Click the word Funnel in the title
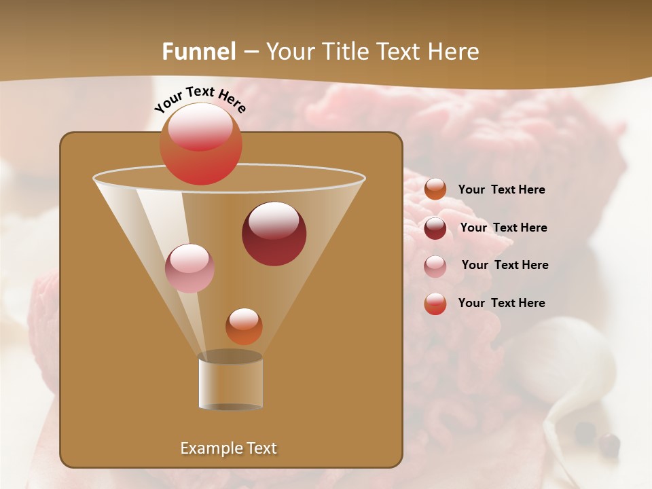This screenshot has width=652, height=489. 199,52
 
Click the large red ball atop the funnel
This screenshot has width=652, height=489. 201,143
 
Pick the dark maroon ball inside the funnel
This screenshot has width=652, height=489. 274,233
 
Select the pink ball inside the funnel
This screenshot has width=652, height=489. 190,268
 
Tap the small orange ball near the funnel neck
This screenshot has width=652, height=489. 244,326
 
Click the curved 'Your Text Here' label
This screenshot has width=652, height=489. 200,98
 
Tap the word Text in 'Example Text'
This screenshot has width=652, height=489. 261,448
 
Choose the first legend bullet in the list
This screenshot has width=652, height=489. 435,189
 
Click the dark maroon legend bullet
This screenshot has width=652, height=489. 435,228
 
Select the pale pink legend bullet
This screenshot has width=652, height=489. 435,266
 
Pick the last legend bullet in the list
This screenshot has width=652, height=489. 435,304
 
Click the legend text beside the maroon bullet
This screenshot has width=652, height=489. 503,228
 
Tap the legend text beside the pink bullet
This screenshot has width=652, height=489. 505,265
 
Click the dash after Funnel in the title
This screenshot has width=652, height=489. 250,52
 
